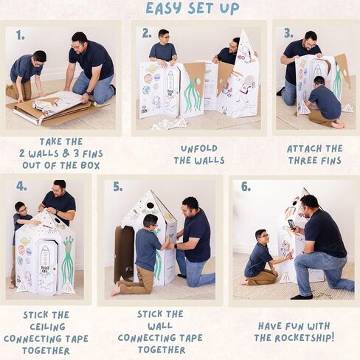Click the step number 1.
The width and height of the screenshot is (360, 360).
click(x=21, y=35)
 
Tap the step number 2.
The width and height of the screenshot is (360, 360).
click(x=147, y=34)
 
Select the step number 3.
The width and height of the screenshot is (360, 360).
click(x=288, y=33)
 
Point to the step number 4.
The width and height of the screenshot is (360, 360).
click(x=21, y=186)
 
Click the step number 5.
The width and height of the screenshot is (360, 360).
click(x=117, y=187)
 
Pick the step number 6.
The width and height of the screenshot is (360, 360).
click(x=246, y=187)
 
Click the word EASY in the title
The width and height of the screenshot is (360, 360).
click(x=164, y=8)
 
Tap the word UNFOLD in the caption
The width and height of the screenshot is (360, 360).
click(x=199, y=148)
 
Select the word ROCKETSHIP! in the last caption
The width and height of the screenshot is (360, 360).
click(x=305, y=338)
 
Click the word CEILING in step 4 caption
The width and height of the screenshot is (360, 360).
click(x=48, y=327)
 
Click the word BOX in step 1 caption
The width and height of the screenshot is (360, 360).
click(x=90, y=165)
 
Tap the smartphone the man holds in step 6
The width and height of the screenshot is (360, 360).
click(x=291, y=224)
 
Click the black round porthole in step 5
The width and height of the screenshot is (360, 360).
click(x=150, y=206)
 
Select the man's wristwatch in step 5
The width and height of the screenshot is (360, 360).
click(x=176, y=246)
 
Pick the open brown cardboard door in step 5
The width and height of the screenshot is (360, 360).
click(x=124, y=254)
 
